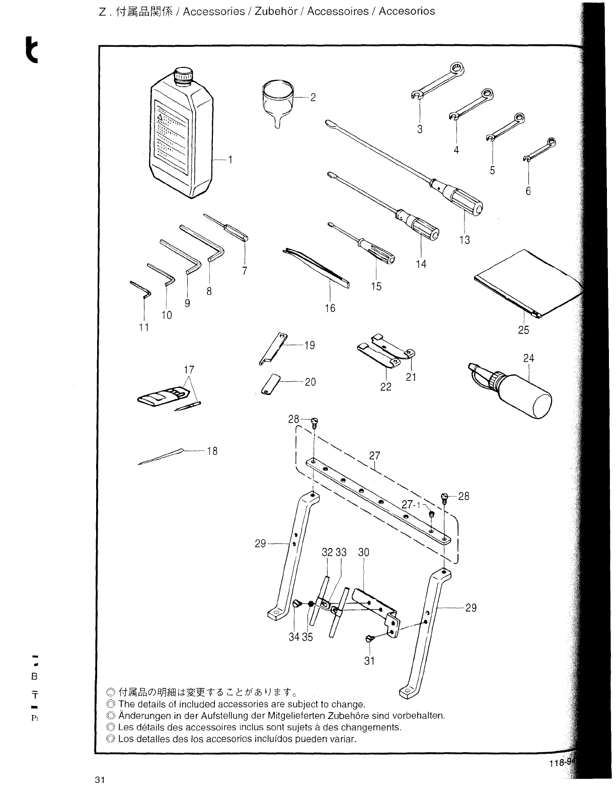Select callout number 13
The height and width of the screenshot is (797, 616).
pos(465,240)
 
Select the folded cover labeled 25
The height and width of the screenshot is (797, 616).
pos(528,285)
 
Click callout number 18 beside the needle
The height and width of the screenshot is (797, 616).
pos(212,451)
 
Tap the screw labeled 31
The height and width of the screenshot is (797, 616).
pos(369,639)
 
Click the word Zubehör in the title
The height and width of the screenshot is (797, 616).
pos(276,12)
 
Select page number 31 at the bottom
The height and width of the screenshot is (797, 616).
pos(99,780)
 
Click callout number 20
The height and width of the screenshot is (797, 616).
pos(310,382)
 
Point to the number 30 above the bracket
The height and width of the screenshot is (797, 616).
pos(363,552)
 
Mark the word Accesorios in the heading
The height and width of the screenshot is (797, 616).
pos(407,12)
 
